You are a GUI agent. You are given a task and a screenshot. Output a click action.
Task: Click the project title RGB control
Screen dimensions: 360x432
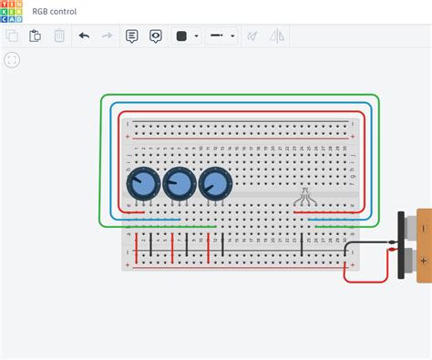tap(56, 11)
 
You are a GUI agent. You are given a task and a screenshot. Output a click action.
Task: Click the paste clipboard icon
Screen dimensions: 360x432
tap(36, 36)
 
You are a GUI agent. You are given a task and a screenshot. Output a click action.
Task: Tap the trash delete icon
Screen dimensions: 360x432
tap(59, 36)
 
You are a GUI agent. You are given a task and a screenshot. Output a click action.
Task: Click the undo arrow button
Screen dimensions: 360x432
tap(84, 36)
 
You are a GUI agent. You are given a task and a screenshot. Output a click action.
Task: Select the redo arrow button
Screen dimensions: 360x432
tap(108, 36)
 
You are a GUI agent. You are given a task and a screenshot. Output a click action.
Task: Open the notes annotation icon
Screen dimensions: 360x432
tap(132, 36)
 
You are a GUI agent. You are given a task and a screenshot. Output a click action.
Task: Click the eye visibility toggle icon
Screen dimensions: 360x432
tap(156, 36)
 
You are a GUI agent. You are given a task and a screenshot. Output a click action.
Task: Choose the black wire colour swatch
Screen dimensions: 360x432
tap(181, 36)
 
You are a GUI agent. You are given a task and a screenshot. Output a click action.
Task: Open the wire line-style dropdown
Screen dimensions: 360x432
tap(221, 36)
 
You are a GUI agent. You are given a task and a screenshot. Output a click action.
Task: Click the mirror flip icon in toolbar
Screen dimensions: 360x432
tap(277, 36)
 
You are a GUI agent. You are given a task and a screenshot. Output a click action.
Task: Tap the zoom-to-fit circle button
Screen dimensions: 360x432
tap(13, 60)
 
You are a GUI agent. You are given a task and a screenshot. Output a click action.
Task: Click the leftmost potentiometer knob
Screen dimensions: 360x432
tap(143, 185)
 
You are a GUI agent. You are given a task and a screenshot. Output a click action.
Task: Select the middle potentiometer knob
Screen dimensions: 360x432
tap(179, 185)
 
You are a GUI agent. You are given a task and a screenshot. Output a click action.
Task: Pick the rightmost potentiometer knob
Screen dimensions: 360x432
tap(215, 185)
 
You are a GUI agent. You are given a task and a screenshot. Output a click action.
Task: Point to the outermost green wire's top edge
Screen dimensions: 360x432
tap(240, 94)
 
